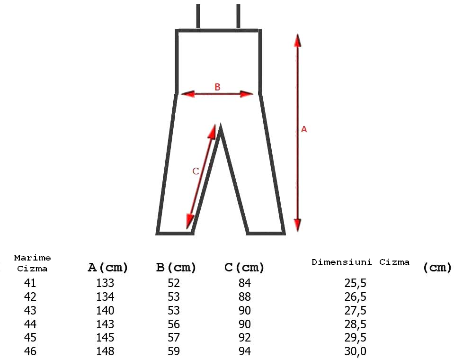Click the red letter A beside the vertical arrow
[304, 129]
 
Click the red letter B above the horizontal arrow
[217, 87]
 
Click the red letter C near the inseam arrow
[196, 171]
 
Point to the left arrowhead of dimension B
[187, 94]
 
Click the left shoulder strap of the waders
[198, 16]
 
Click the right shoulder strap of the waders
[238, 16]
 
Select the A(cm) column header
[108, 268]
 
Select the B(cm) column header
[176, 268]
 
